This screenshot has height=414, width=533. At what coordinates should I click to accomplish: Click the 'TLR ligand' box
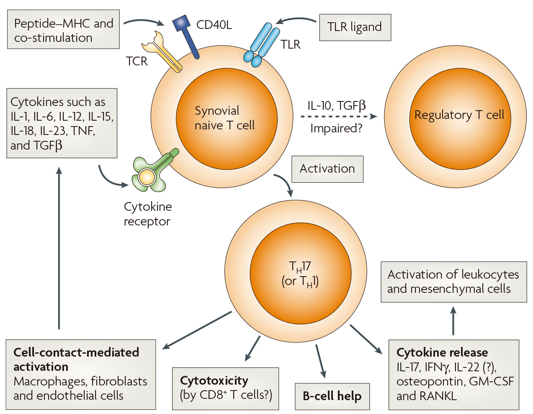coord(355,27)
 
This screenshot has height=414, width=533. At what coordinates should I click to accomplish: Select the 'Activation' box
coord(327,169)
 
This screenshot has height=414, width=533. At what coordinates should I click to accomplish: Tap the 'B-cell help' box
coord(332,396)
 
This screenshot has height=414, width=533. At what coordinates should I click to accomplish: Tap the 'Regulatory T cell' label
coord(459,115)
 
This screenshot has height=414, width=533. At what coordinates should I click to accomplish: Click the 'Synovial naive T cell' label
coord(224,118)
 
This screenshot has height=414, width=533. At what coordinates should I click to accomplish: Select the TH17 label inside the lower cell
coord(300,267)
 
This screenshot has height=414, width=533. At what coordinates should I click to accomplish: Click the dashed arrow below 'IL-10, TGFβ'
coord(338,117)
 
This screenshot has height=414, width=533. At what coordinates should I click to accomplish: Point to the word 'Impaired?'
coord(336,128)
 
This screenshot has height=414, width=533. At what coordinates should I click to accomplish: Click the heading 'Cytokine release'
coord(442,352)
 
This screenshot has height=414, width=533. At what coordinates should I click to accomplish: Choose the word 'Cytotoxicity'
coord(214,380)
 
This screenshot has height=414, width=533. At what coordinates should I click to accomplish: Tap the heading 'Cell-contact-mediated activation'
coord(76,359)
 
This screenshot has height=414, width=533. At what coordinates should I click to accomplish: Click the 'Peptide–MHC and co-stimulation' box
coord(63,30)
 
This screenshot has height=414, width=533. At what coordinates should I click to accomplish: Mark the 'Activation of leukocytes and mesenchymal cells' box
coord(453,282)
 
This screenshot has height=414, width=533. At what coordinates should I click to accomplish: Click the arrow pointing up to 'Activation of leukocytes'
coord(453,321)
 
